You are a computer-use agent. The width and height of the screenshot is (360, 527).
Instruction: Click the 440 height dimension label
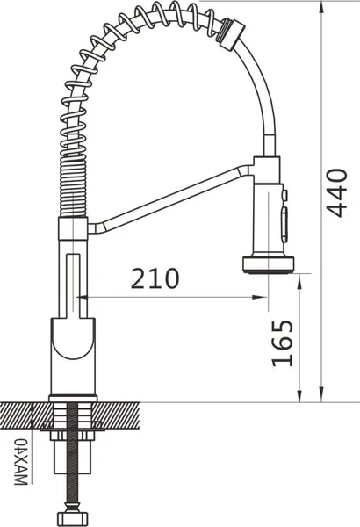(x=337, y=193)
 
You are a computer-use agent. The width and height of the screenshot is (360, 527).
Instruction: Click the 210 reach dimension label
(x=155, y=278)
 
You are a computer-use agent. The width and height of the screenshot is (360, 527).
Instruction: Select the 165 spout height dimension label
(x=282, y=343)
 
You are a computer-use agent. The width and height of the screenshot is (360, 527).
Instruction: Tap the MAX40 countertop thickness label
(x=20, y=461)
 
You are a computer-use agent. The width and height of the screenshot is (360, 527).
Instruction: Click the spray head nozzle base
(x=268, y=264)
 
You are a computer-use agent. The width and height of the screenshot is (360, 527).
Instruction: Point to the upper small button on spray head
(x=284, y=195)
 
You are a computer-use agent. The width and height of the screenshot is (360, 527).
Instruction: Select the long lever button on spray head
(x=284, y=224)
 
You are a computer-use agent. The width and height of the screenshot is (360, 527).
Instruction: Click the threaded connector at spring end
(x=231, y=34)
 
